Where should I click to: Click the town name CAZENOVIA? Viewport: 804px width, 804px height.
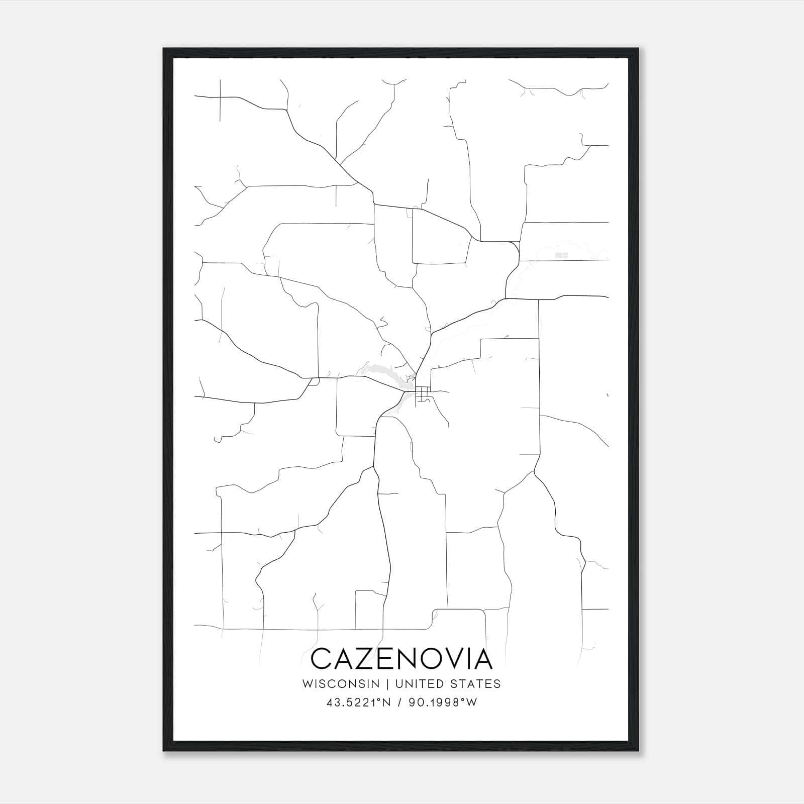[401, 659]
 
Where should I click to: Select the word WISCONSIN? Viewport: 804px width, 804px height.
[344, 684]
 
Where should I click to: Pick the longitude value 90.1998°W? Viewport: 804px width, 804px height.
[442, 702]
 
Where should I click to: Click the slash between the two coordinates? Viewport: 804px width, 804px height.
[400, 702]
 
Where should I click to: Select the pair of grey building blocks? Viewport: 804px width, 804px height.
[561, 255]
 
